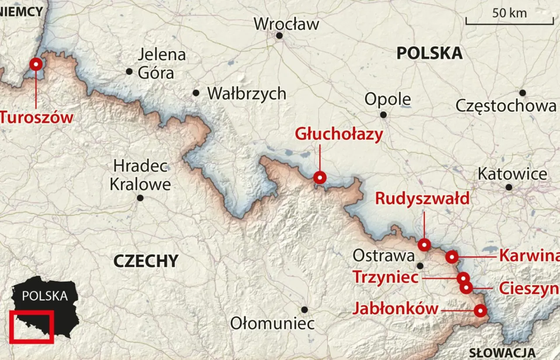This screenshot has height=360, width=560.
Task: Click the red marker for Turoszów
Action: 36,65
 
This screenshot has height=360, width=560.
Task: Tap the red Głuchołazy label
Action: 339,134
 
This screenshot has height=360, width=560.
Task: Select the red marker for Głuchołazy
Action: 320,178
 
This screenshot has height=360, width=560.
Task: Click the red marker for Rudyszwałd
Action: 424,245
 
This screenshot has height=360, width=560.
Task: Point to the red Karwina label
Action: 528,255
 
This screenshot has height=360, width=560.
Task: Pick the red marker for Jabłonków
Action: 480,311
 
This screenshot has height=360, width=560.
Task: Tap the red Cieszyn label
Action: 528,289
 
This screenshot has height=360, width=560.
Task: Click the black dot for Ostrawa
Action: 420,266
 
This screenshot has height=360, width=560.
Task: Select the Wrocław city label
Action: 287,24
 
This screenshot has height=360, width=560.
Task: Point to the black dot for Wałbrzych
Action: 196,93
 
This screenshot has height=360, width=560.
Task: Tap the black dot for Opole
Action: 383,115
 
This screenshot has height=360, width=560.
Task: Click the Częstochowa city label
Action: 506,106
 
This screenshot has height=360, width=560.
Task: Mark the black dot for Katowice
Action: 509,187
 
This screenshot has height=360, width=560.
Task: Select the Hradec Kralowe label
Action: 140,175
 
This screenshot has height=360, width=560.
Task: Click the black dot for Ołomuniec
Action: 304,310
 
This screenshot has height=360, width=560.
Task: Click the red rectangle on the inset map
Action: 31,327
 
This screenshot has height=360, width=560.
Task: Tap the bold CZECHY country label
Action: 146,261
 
